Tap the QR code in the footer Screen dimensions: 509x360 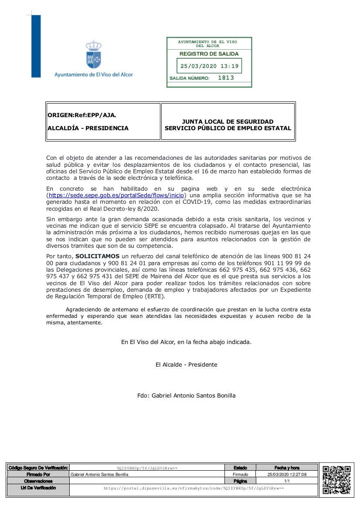click(x=336, y=479)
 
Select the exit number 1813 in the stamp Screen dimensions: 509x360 click(x=226, y=78)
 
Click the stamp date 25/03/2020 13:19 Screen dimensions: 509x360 click(x=209, y=67)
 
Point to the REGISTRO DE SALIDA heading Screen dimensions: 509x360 click(x=209, y=54)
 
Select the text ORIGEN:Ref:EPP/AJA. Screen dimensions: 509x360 click(x=82, y=115)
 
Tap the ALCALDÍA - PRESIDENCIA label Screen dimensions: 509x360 click(x=88, y=128)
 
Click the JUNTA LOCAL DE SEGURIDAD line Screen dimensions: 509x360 click(x=228, y=121)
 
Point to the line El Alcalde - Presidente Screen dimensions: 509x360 click(x=186, y=364)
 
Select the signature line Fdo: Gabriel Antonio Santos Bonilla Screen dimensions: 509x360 click(x=186, y=395)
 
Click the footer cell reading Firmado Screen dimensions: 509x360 click(x=240, y=475)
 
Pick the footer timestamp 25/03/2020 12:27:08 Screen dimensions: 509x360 click(x=287, y=475)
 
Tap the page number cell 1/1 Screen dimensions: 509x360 click(x=287, y=481)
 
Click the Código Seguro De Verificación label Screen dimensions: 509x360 click(x=38, y=468)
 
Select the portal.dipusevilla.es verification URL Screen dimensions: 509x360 click(x=194, y=489)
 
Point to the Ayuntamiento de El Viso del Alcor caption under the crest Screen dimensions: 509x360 click(x=93, y=74)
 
